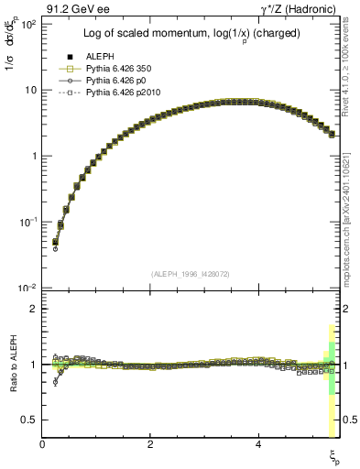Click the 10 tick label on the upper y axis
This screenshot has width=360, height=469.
pyautogui.click(x=31, y=90)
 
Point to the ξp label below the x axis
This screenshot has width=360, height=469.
pyautogui.click(x=333, y=455)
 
